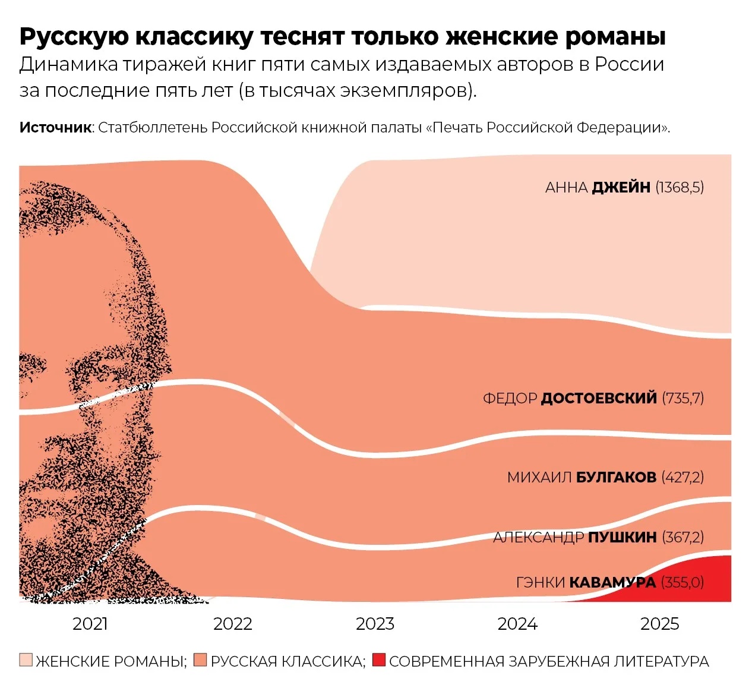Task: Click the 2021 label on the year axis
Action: [90, 624]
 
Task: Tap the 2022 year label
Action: [232, 624]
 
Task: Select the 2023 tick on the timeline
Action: [375, 624]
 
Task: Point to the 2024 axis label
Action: [517, 624]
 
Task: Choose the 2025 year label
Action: [660, 624]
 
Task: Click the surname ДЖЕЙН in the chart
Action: [621, 187]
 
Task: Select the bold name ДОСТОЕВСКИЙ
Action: [599, 398]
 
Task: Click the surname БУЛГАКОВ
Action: [617, 477]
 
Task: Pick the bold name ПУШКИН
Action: [623, 537]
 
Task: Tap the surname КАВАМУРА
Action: [613, 583]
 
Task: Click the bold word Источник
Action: [55, 128]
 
